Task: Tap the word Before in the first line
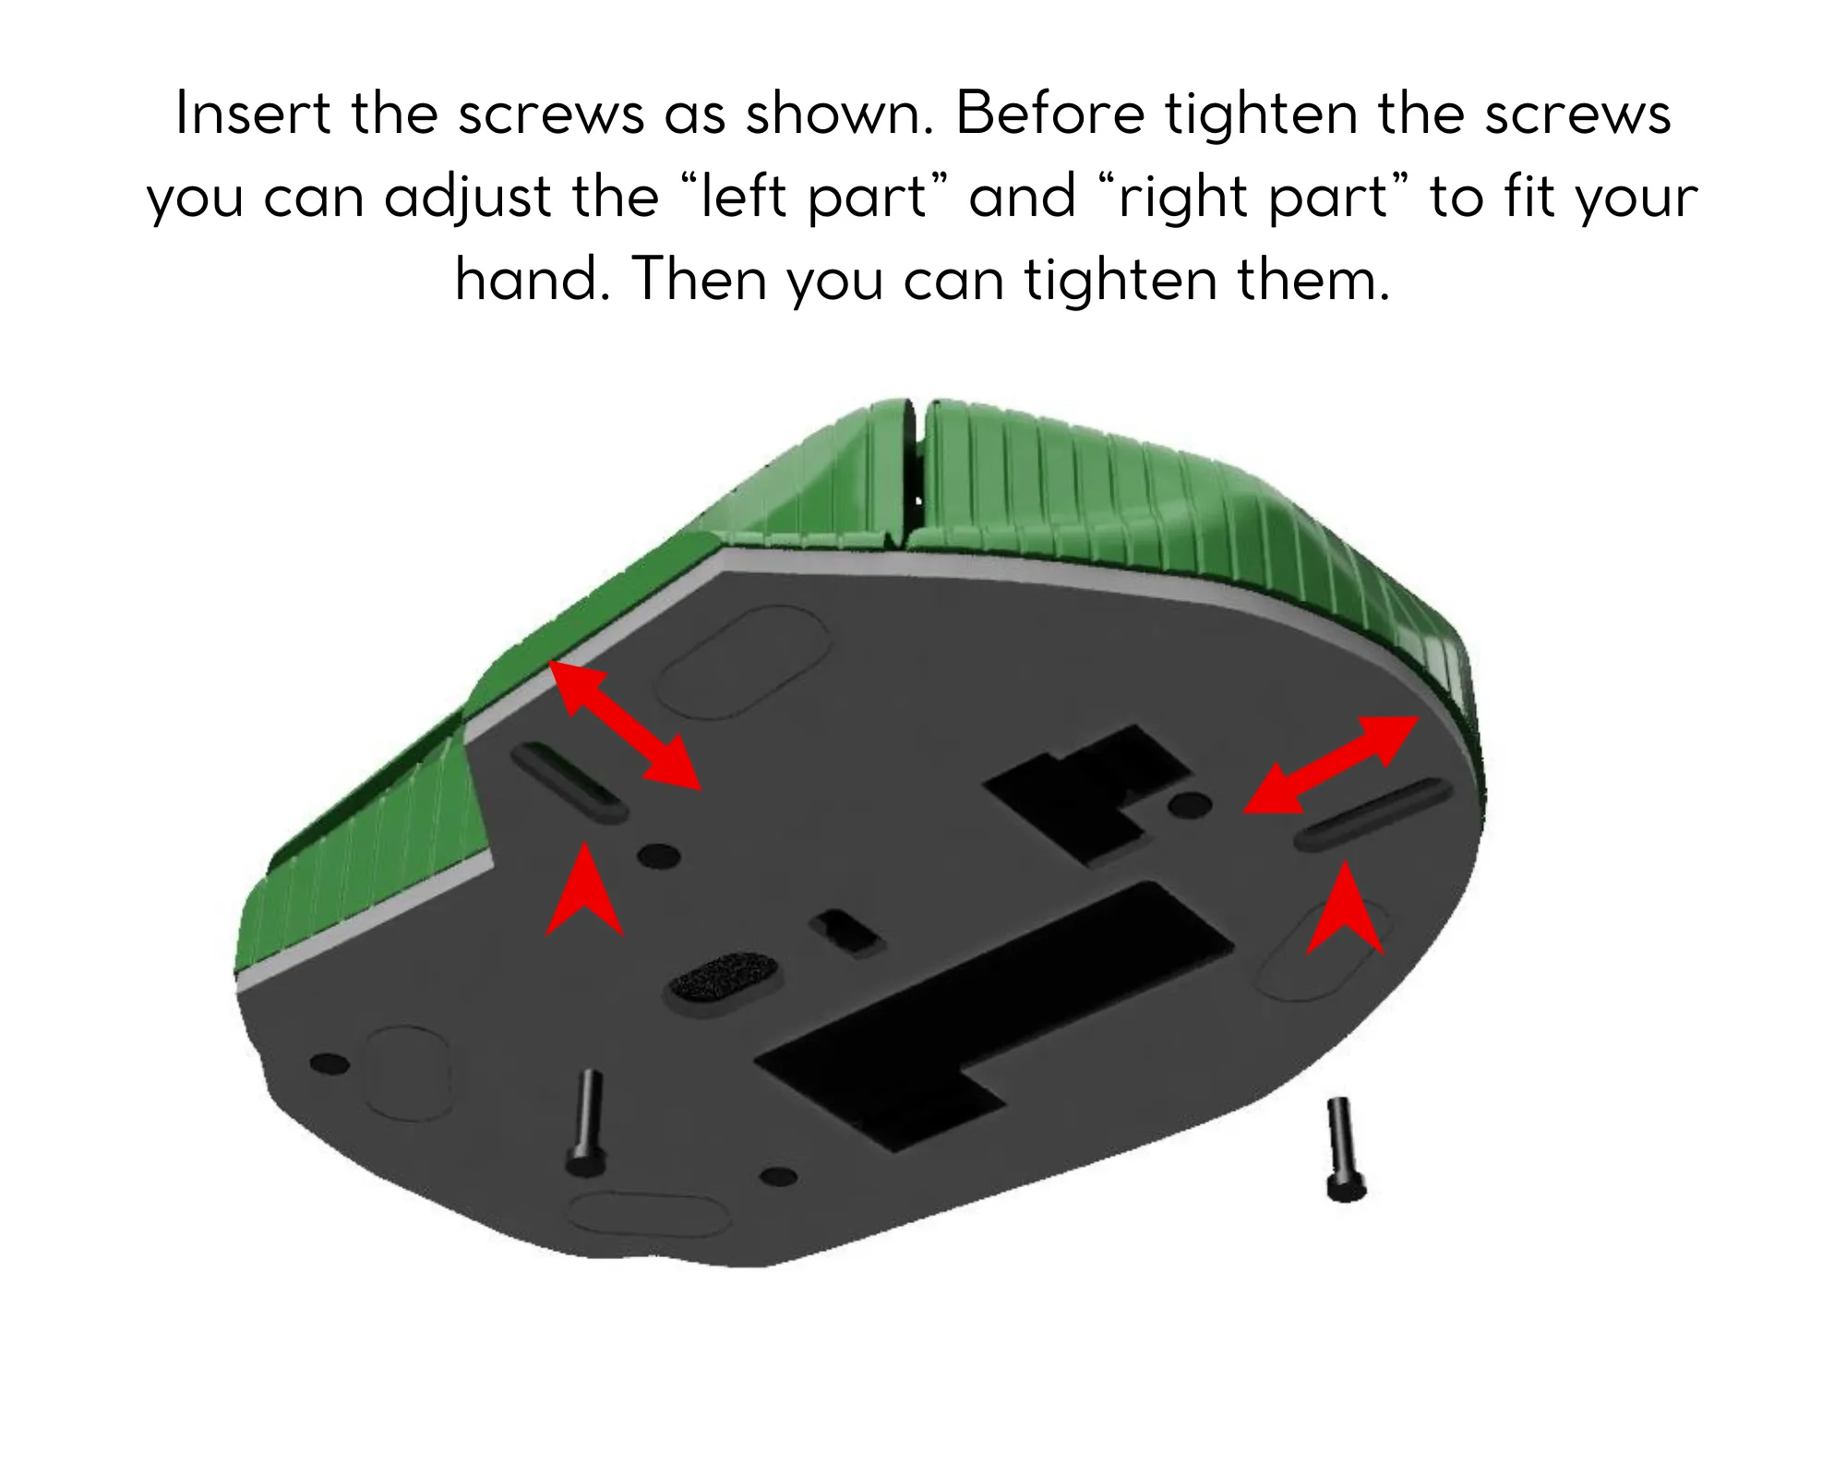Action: [1050, 114]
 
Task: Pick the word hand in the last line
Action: [527, 280]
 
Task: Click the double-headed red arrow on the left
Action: [625, 726]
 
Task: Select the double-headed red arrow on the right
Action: [1330, 765]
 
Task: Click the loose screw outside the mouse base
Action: [1342, 1149]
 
